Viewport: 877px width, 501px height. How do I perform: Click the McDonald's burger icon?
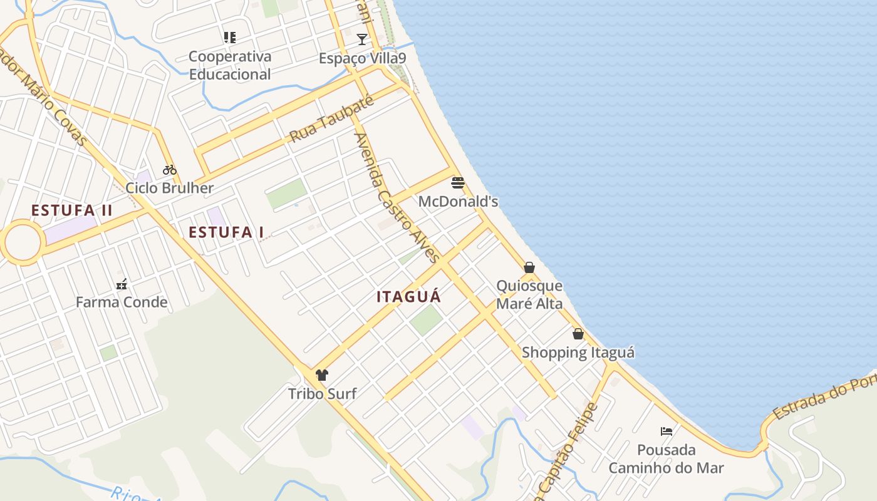(458, 183)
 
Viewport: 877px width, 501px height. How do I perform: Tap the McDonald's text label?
(458, 201)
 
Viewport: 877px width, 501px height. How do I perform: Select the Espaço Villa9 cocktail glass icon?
(362, 39)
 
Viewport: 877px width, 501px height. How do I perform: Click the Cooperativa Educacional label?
(230, 65)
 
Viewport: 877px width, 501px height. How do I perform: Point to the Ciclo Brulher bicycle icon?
(169, 170)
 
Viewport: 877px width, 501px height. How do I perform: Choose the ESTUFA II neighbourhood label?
(72, 210)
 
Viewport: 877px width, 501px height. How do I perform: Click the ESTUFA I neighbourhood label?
(226, 232)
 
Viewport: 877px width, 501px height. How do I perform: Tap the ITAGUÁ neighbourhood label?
(409, 297)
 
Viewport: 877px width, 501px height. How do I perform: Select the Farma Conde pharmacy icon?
(122, 284)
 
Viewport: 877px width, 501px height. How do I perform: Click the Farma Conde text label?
(122, 302)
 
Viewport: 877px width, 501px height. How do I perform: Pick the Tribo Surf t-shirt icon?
(322, 375)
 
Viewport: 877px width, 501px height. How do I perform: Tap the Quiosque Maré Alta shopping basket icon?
(529, 268)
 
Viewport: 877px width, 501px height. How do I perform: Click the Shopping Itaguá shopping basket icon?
(578, 334)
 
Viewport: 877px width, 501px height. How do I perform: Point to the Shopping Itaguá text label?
(578, 353)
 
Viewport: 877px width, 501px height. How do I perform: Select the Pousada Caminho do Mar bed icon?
(667, 431)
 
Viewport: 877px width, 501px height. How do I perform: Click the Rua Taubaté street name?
(331, 119)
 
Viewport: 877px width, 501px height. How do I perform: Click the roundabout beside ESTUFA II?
(23, 242)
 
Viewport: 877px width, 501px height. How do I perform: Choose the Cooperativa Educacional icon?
(230, 38)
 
